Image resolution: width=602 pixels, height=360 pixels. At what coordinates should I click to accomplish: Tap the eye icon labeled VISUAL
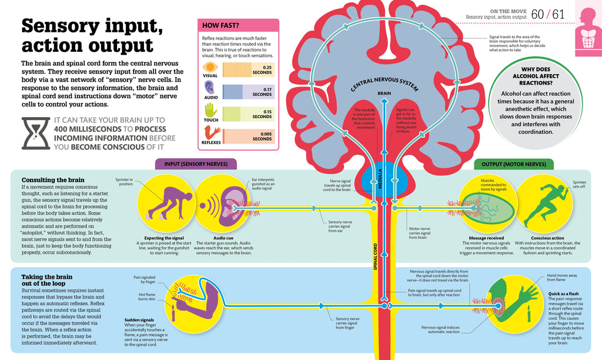click(210, 68)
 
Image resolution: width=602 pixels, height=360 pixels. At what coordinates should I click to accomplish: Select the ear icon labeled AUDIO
click(210, 89)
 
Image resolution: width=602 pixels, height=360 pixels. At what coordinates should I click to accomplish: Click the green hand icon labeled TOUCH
click(210, 110)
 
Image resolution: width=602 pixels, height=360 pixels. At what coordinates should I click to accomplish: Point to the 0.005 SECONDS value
click(262, 136)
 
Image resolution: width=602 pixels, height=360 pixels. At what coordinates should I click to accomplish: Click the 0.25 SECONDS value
click(262, 70)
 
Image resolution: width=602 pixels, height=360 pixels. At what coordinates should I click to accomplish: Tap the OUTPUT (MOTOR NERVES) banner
click(514, 164)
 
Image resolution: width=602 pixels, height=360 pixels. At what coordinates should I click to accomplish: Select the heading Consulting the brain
click(53, 179)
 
